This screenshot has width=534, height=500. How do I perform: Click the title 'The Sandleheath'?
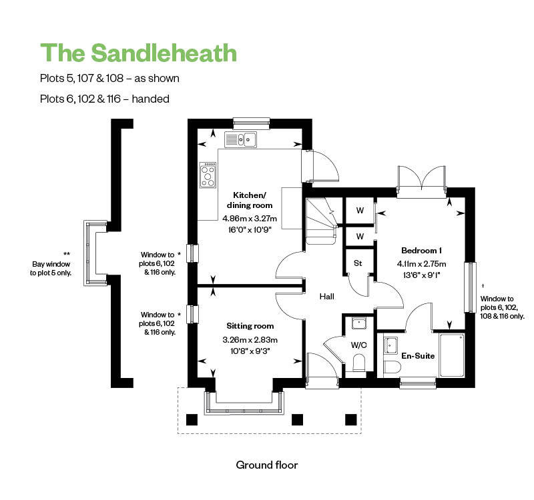pos(139,53)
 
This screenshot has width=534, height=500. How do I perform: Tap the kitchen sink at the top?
pos(240,139)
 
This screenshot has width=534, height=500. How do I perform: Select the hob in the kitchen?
pos(208,175)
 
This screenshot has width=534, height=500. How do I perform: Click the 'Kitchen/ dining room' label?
pos(250,200)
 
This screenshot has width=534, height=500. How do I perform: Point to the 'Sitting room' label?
pos(250,326)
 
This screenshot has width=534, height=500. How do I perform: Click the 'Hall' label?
pos(326,297)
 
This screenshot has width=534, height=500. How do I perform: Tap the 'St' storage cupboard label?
pos(358,263)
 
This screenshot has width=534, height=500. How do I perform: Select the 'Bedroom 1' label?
pos(421,251)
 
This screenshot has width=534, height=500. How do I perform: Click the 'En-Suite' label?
pos(418,356)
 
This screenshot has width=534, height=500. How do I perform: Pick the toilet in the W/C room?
pos(358,363)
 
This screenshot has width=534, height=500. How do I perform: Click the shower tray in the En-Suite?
pos(452,355)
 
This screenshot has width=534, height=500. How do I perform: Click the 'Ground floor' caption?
pos(266,465)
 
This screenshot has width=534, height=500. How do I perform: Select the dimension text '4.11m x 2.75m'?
pos(421,264)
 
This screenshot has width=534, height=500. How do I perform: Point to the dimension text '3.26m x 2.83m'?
pos(250,339)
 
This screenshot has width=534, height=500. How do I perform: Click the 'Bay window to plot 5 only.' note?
pos(51,269)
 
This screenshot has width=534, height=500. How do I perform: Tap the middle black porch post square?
pos(297,419)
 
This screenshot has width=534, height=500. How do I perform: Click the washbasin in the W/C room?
pos(358,323)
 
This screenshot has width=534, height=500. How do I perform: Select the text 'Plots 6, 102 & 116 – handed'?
pos(105,99)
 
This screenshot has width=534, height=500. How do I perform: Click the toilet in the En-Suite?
pos(392,367)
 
